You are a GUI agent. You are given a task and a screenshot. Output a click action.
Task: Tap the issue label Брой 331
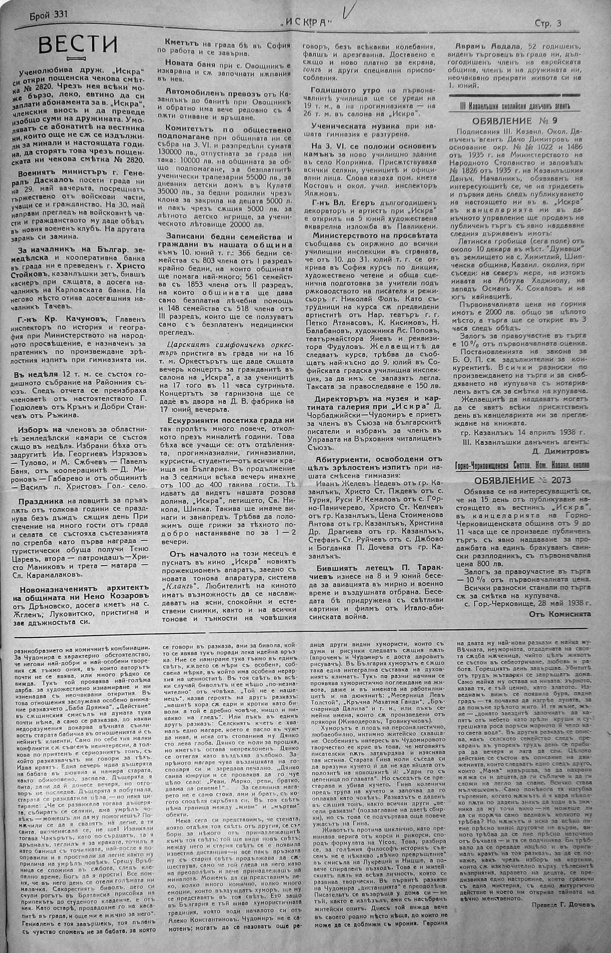[x=49, y=15]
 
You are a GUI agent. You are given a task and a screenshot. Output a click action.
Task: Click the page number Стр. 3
[x=548, y=23]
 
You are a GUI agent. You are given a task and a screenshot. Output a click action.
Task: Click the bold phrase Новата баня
[x=192, y=64]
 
